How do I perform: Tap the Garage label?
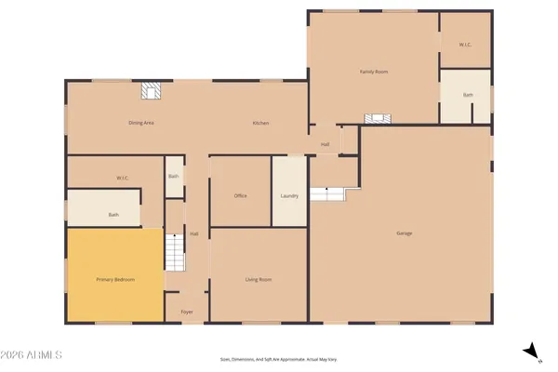pos(404,232)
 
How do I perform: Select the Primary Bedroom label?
pos(115,279)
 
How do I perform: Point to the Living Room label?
pos(258,279)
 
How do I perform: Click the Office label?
pos(240,195)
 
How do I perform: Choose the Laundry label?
pos(288,195)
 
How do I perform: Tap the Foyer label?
pos(186,312)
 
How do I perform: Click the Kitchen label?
pos(261,123)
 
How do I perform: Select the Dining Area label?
pos(140,123)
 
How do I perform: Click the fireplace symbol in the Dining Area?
pos(150,91)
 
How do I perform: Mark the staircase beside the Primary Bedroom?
pos(172,251)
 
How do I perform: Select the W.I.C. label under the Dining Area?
pos(122,177)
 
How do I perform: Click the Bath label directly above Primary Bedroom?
pos(113,215)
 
